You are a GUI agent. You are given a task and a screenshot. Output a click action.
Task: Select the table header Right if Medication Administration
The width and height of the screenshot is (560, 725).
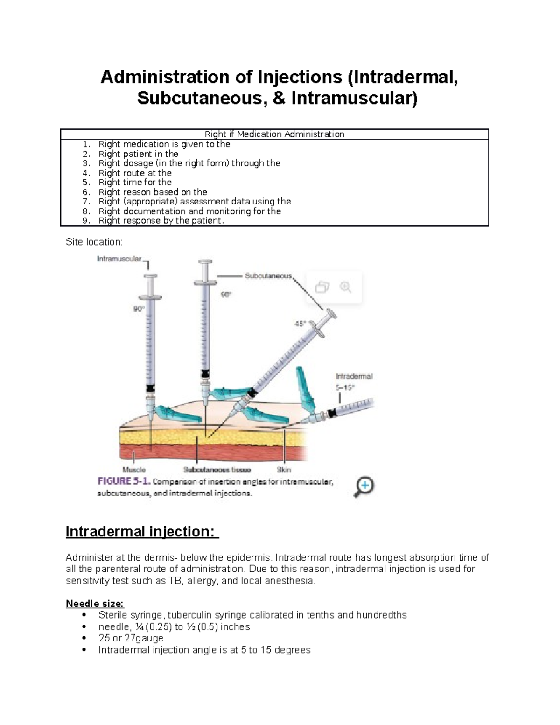[x=274, y=134]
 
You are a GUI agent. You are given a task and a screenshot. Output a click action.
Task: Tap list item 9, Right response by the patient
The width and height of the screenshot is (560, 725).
[x=161, y=221]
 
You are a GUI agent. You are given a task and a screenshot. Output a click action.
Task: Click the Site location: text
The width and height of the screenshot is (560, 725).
[x=94, y=242]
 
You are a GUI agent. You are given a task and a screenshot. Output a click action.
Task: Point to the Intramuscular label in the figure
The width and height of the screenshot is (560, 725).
[x=119, y=259]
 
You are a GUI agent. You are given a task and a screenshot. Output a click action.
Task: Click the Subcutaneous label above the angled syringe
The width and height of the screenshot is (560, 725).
[x=268, y=276]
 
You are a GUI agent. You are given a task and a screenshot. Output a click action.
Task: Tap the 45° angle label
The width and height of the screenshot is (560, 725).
[x=301, y=323]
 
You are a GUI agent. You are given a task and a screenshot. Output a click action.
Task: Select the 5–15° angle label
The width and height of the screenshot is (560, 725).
[x=345, y=387]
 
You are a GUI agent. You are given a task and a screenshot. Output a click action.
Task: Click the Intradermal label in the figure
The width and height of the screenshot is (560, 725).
[x=354, y=376]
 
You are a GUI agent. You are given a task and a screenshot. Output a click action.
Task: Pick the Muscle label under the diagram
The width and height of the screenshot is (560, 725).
[x=134, y=470]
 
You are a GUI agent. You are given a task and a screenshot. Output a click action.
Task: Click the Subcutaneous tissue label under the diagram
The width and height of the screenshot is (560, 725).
[x=217, y=470]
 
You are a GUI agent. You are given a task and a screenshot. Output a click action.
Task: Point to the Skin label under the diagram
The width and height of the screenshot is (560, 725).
[x=284, y=470]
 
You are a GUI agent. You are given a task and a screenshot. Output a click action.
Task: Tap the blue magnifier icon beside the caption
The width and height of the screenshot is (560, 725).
[x=364, y=486]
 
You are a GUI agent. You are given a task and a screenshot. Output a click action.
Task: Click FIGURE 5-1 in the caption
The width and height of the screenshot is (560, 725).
[x=123, y=481]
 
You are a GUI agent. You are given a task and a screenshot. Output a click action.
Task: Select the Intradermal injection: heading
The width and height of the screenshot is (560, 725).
[x=142, y=532]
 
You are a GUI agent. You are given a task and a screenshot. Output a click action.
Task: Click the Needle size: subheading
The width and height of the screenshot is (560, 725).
[x=95, y=604]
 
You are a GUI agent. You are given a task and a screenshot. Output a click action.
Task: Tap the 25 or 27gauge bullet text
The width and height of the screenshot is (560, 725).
[x=131, y=638]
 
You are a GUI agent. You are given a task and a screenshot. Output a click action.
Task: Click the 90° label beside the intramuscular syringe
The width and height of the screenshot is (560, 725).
[x=139, y=309]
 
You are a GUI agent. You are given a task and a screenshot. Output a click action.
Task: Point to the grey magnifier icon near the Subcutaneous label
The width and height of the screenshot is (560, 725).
[x=346, y=287]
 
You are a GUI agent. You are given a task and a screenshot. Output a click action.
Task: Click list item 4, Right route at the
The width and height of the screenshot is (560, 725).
[x=135, y=173]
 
